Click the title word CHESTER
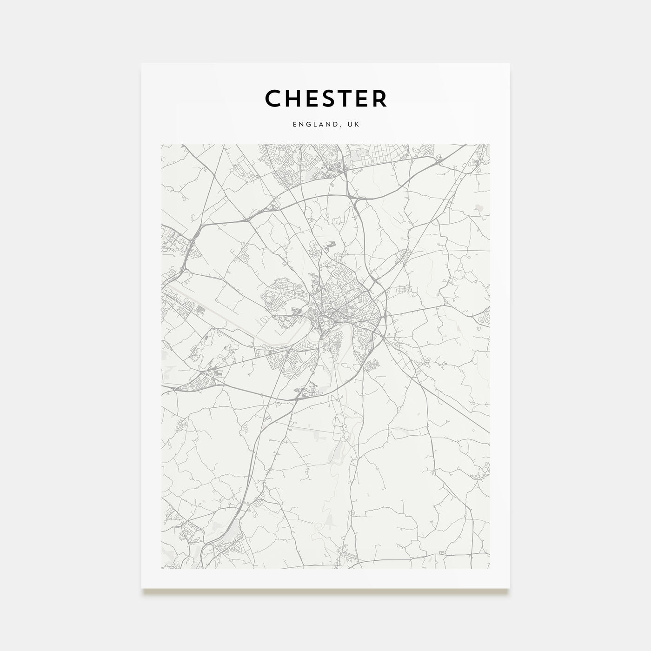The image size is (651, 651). [325, 98]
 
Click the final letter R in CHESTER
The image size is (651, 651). [379, 98]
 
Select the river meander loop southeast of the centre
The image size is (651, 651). [346, 331]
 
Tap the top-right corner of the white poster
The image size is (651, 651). [509, 64]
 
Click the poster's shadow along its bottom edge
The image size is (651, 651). [325, 591]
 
